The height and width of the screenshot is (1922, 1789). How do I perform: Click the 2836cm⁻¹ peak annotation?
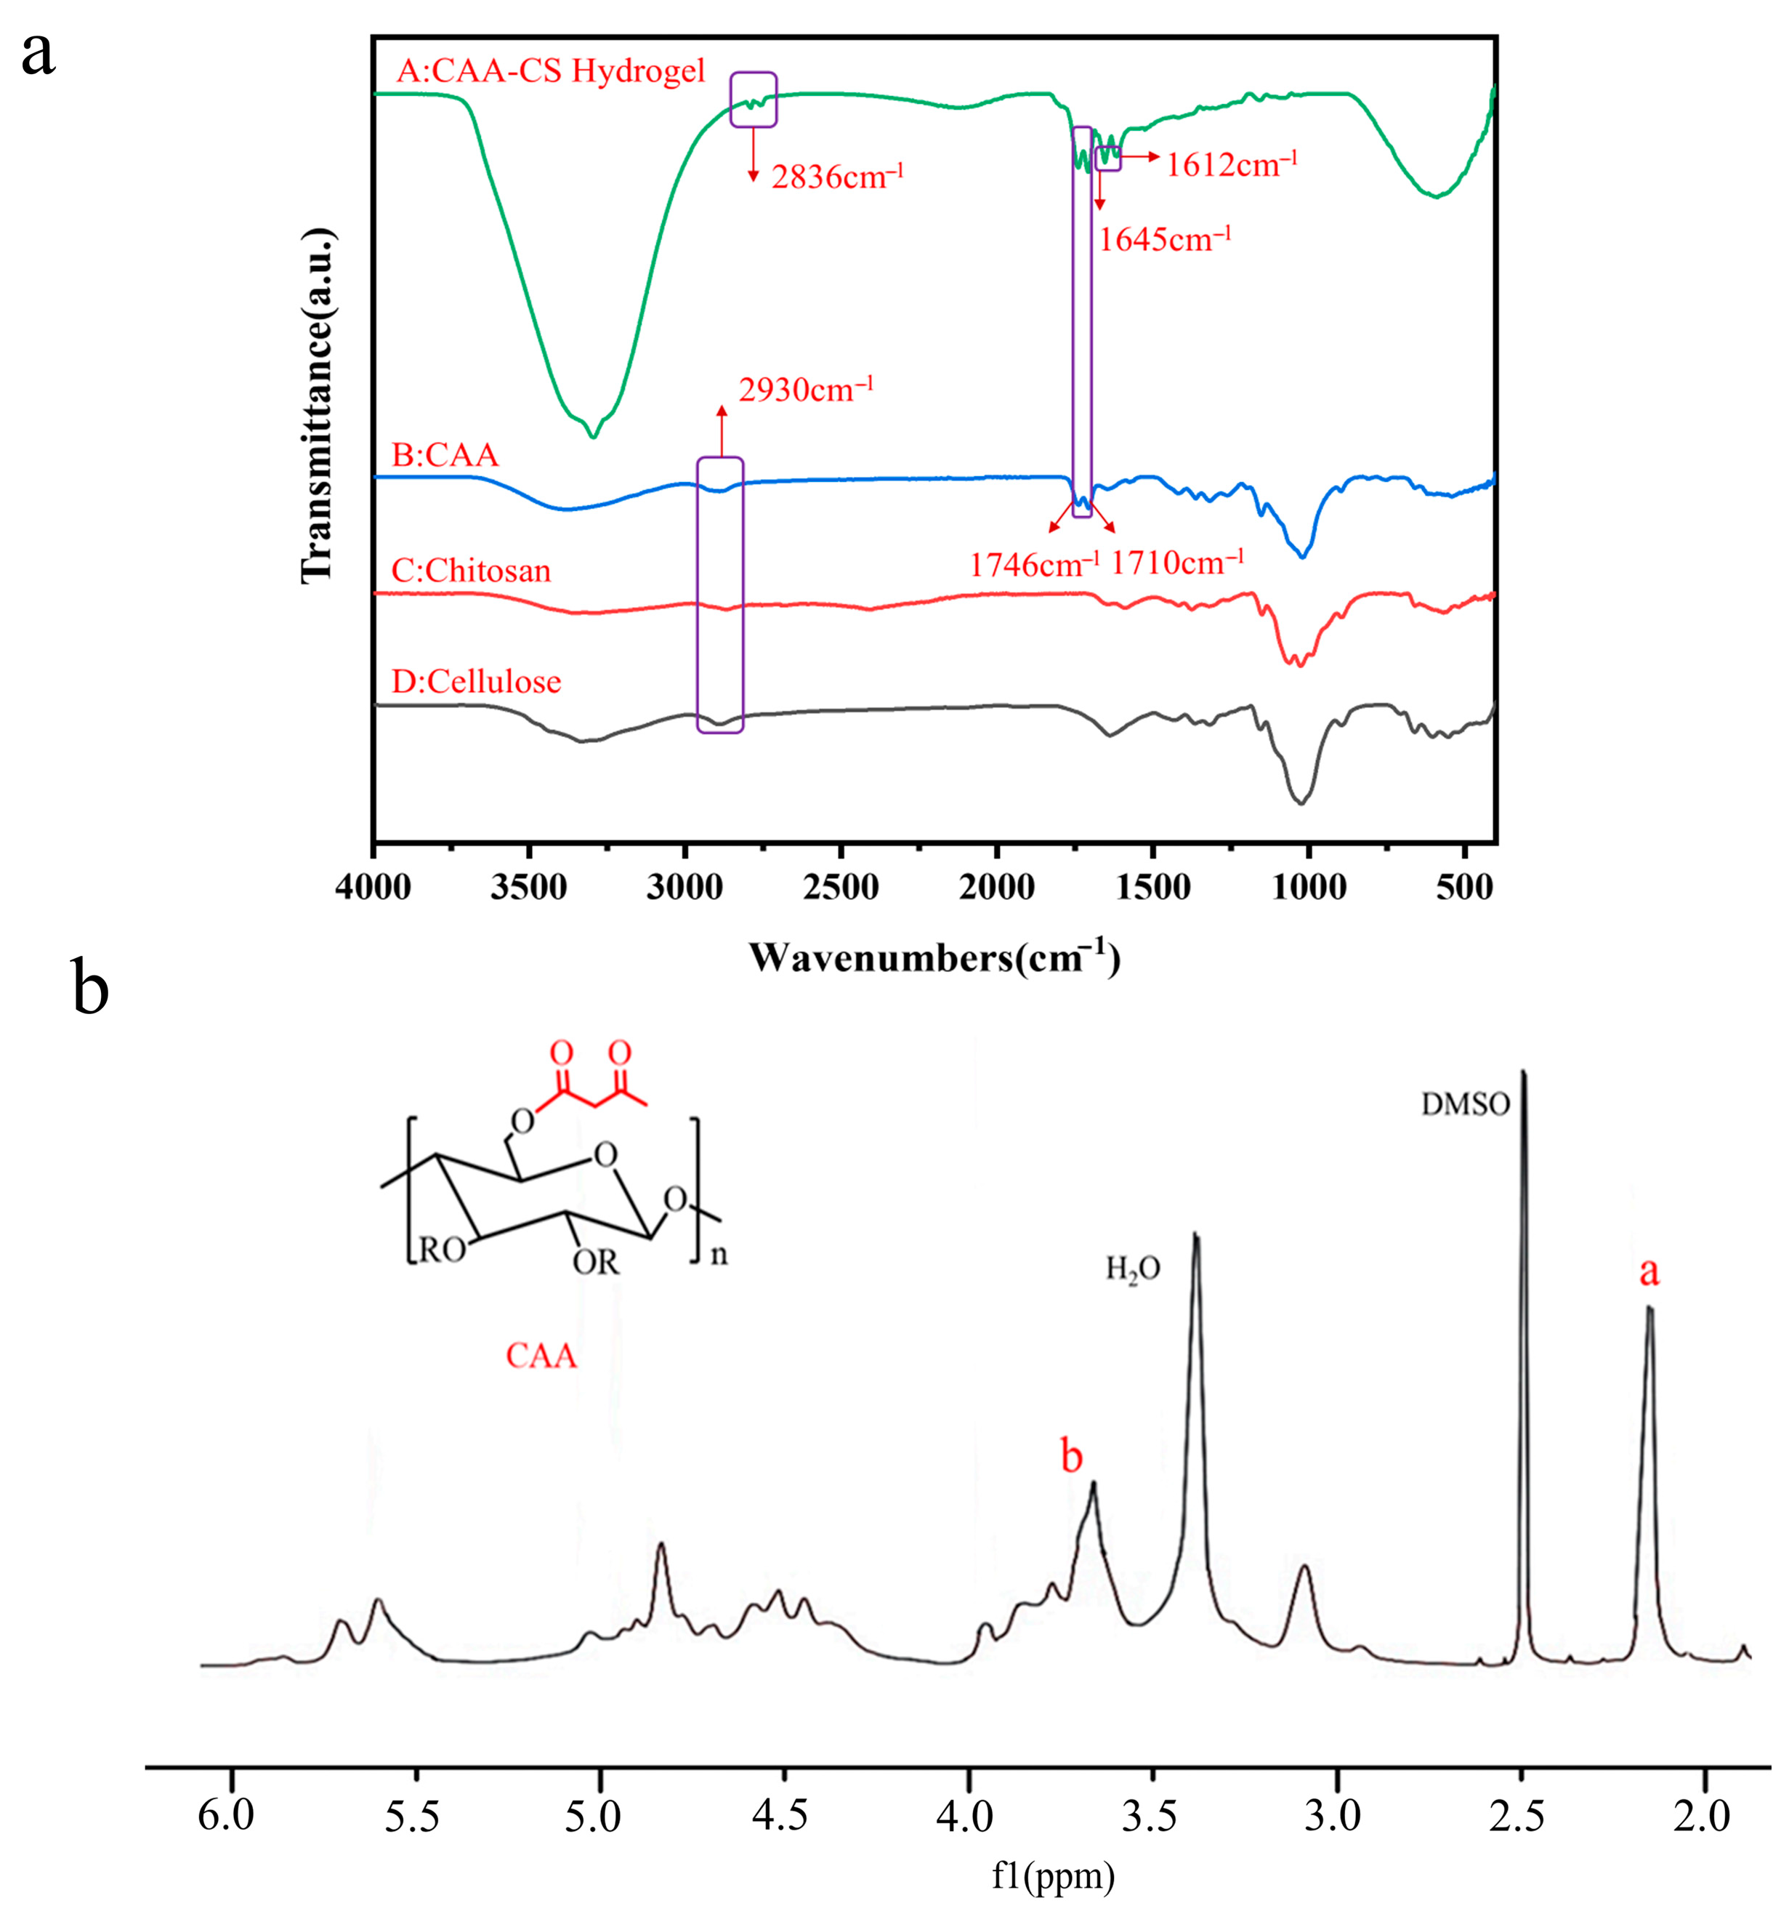point(836,177)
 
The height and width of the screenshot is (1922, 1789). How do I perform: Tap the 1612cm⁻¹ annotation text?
point(1230,164)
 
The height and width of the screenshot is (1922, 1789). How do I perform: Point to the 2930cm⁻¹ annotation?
point(805,390)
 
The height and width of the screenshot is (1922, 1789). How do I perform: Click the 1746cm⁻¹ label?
point(1033,563)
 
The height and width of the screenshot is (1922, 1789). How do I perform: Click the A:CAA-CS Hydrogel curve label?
point(551,71)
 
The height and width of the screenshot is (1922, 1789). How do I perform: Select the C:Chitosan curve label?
point(471,571)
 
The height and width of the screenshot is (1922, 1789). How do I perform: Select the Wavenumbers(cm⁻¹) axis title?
point(934,957)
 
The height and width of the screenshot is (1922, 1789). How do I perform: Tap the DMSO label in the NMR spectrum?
point(1464,1104)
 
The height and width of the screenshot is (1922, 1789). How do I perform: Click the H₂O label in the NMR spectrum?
point(1133,1268)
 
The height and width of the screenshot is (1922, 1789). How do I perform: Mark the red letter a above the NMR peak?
point(1648,1272)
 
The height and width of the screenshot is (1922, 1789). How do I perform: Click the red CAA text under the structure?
point(541,1356)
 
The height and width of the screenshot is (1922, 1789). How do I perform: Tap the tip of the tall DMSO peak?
point(1525,1071)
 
